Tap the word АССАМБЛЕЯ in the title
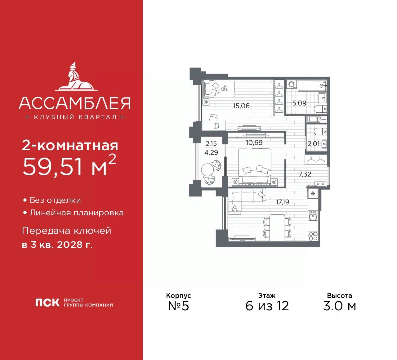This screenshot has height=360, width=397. coord(74,103)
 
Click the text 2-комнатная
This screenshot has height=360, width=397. coord(70,146)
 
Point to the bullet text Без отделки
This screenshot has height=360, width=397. coord(55,200)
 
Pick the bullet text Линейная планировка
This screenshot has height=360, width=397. coord(76,213)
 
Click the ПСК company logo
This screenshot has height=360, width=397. coord(47,303)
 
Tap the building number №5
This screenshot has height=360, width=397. coord(178,306)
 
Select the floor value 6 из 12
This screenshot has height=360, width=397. coord(267,306)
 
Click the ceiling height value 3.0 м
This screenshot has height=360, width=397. coord(339,306)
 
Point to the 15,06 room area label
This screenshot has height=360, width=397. coord(241,106)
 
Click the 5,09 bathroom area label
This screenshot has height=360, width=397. coord(299,103)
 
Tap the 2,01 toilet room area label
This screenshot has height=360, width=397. coord(313,144)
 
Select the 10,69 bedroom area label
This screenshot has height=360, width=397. coord(254,142)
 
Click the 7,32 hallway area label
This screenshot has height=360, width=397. coord(305,174)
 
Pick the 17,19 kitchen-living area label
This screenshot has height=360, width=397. coord(282,202)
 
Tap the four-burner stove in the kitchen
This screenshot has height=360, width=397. coord(313,236)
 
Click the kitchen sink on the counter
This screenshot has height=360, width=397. coord(313,215)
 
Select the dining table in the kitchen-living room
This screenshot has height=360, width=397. coord(277,227)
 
